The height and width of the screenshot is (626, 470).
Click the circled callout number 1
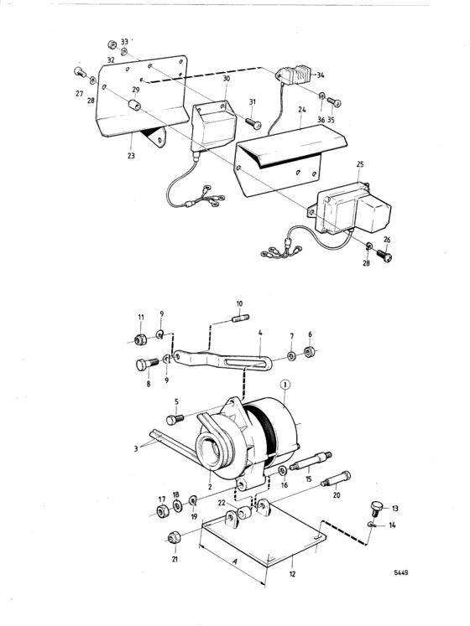coord(285,385)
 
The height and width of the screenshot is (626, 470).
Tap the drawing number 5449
coord(401,572)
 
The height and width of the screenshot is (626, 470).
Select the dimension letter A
coord(235,561)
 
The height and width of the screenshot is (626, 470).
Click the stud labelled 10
coord(240,318)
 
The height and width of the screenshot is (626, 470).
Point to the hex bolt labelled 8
coord(146,365)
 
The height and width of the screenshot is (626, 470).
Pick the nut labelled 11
coord(140,339)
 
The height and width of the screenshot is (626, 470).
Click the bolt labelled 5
coord(175,419)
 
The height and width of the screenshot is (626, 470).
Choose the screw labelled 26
coord(384,254)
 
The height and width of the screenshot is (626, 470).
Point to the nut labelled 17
coord(162,511)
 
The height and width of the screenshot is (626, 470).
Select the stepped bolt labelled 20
coord(336,479)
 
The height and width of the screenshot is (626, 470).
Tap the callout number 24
coord(302,109)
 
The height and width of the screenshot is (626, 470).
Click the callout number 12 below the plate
coord(292,574)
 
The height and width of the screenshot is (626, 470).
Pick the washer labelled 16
coord(283,470)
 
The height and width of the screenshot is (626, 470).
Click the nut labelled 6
coord(309,353)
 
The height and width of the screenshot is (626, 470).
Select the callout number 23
coord(131,156)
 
